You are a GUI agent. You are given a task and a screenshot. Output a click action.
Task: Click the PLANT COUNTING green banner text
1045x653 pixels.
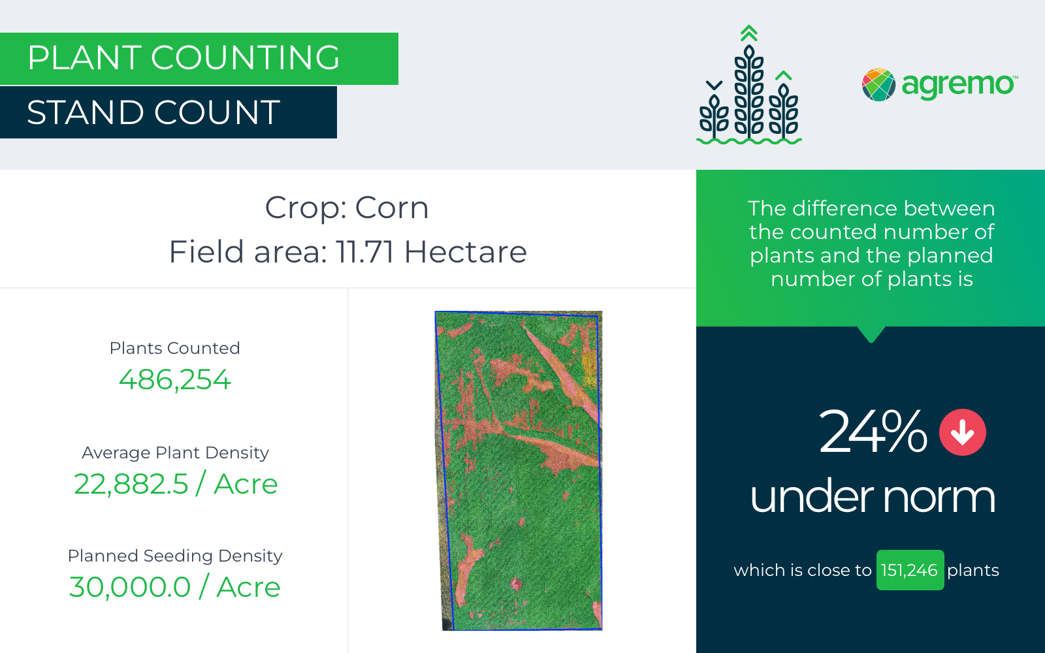click(184, 58)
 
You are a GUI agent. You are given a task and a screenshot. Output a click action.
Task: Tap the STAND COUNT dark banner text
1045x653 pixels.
click(153, 112)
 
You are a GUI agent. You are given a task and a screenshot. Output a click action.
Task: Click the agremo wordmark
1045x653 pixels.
click(957, 85)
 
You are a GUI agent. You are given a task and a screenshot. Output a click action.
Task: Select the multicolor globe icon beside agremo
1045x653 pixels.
click(878, 85)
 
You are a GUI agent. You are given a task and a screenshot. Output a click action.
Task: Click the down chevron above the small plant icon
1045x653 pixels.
click(715, 85)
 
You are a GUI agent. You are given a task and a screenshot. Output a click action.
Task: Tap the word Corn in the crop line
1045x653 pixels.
click(392, 208)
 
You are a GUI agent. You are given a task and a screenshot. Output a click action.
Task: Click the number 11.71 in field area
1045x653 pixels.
click(365, 252)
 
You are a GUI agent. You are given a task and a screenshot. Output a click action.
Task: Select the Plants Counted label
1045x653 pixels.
click(174, 348)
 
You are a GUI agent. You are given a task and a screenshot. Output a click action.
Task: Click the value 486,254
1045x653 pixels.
click(174, 379)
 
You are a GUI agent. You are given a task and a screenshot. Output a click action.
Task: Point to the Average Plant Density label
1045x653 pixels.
click(175, 453)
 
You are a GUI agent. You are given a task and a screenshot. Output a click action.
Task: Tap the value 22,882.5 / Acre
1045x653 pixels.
click(175, 484)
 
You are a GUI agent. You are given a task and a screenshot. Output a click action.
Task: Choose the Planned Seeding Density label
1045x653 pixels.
click(175, 556)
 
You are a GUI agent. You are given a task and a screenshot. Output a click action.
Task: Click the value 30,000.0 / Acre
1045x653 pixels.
click(175, 587)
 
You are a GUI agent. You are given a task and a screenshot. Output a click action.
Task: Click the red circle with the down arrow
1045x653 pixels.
click(962, 432)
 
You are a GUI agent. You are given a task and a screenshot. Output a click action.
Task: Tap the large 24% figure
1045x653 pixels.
click(872, 432)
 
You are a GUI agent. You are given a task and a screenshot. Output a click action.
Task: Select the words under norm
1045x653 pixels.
click(872, 497)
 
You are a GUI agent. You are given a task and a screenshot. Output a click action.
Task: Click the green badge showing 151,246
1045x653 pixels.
click(910, 570)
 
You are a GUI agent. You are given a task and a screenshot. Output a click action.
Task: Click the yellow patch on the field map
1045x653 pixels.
click(589, 362)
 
